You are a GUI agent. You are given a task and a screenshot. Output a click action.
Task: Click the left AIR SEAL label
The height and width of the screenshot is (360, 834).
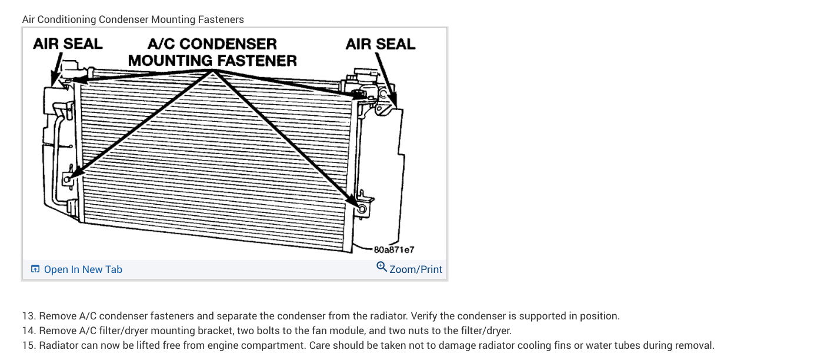(68, 44)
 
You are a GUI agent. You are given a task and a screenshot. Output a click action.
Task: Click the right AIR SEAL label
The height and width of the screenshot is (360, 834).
(381, 44)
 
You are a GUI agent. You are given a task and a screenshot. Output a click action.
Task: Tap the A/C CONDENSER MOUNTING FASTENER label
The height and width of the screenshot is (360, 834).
(212, 52)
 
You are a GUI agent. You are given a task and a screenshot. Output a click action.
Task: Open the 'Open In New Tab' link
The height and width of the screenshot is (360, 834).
(83, 269)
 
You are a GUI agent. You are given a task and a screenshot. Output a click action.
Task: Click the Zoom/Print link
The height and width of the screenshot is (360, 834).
(415, 269)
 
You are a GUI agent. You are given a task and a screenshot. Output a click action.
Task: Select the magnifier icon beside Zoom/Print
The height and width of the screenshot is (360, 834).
(382, 268)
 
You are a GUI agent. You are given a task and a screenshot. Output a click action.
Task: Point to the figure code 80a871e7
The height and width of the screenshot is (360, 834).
(395, 249)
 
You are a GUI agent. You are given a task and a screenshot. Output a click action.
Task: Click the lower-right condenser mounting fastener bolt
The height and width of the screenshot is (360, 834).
(362, 208)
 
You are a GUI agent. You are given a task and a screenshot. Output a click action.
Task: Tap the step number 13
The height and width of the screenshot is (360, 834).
(28, 316)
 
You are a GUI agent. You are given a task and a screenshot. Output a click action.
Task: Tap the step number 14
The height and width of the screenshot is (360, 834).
(28, 331)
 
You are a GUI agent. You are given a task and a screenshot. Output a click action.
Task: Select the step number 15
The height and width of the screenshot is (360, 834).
(28, 345)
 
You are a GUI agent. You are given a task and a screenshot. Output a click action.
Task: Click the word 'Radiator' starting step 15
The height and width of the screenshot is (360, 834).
(61, 345)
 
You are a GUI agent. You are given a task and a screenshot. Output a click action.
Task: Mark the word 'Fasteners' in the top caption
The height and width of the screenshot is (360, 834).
(221, 19)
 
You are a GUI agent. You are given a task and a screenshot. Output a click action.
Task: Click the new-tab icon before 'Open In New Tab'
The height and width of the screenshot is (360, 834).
(35, 269)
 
